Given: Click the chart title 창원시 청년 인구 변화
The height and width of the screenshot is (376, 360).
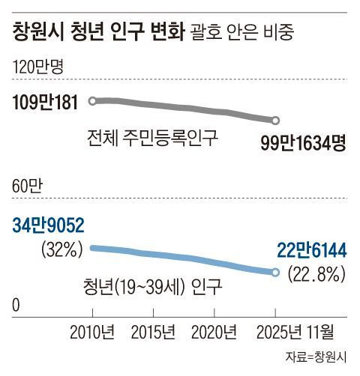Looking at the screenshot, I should (97, 32).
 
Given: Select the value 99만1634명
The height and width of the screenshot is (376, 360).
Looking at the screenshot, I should (303, 142).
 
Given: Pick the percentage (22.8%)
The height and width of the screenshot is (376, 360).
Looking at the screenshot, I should (316, 274).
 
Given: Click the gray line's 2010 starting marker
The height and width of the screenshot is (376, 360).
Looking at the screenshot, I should (92, 100).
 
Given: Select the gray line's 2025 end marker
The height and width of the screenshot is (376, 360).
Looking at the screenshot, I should (275, 121).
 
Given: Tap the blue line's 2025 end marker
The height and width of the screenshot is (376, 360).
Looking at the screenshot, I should (275, 273).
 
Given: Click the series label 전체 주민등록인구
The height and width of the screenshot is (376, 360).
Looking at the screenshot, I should (151, 139).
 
